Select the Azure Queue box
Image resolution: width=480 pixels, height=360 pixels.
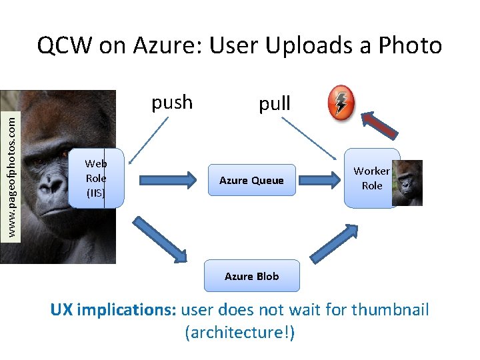click(251, 180)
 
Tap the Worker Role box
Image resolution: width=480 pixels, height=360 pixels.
click(372, 179)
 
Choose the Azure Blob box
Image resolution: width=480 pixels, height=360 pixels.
click(251, 276)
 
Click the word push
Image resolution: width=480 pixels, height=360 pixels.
click(172, 103)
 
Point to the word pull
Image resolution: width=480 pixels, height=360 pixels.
click(275, 103)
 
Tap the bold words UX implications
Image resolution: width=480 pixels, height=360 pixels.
click(113, 310)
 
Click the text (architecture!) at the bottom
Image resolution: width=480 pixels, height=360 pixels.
click(239, 332)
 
